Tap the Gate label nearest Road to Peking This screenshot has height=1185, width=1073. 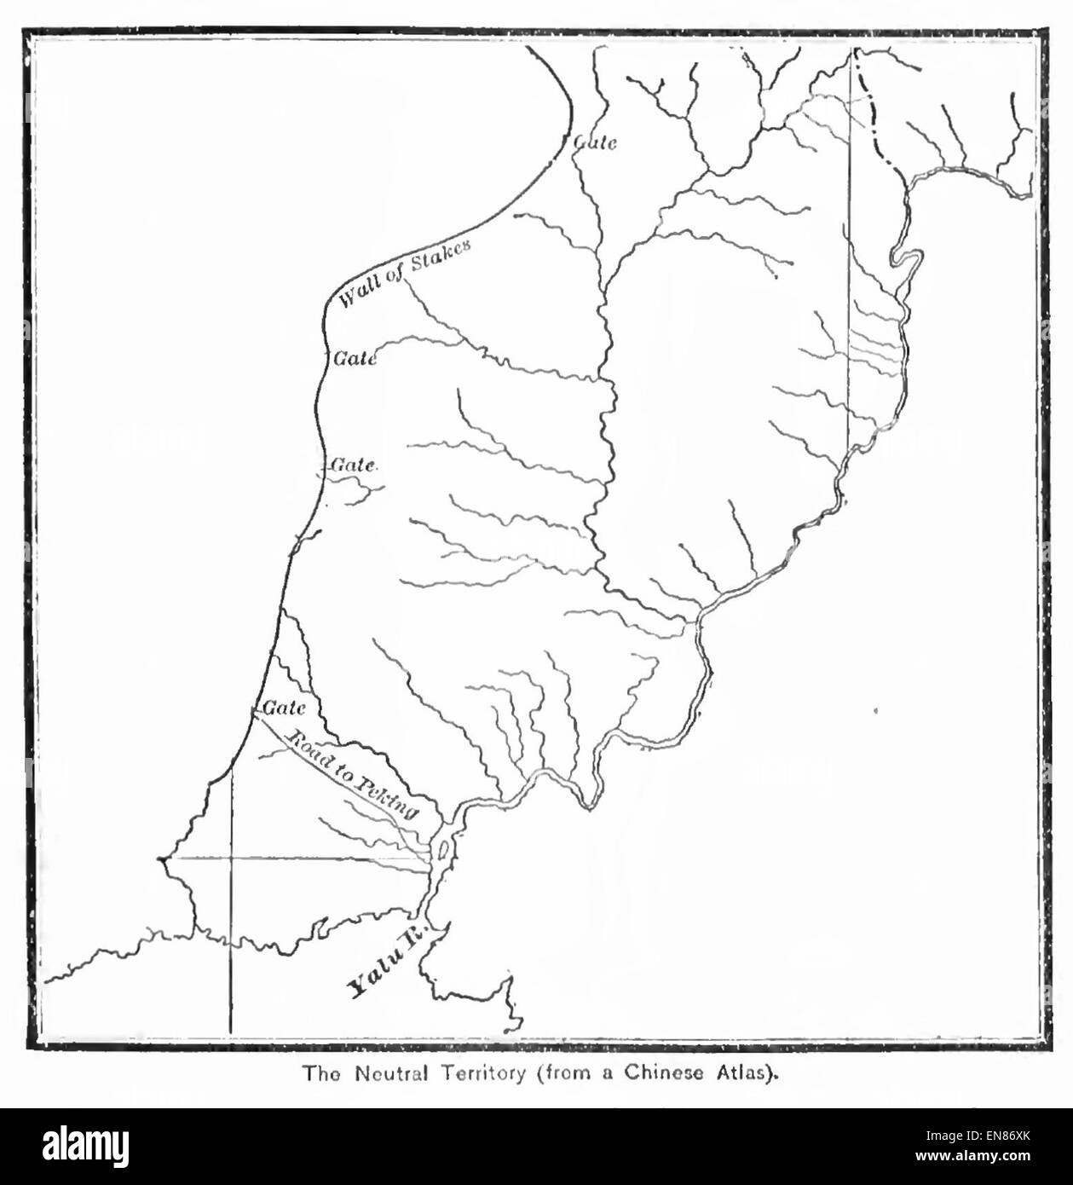(284, 708)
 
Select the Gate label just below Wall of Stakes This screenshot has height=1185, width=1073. (355, 359)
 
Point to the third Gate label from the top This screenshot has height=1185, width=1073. (354, 465)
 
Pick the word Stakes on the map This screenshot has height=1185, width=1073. (441, 253)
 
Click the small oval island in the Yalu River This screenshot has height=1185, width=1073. (442, 851)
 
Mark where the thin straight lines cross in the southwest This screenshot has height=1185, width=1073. (231, 858)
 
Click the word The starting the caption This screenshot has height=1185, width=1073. (320, 1073)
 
